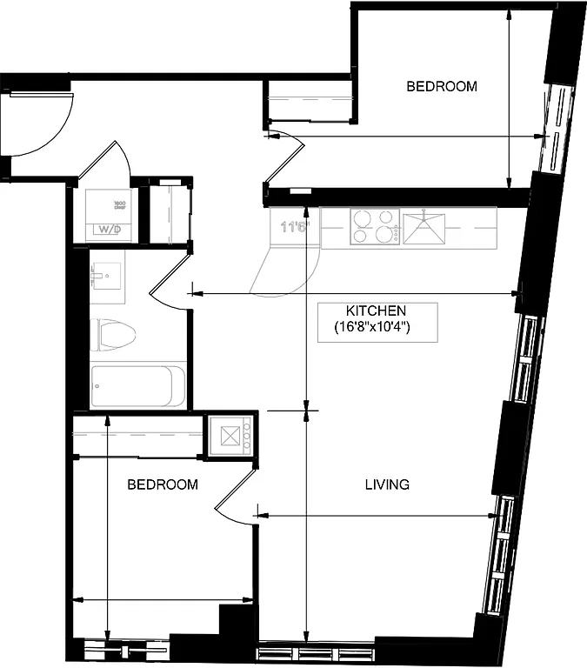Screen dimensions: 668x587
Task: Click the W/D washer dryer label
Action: point(108,230)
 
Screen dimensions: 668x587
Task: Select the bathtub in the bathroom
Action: point(137,385)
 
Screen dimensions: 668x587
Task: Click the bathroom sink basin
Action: point(106,277)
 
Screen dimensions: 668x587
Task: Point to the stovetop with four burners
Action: point(375,226)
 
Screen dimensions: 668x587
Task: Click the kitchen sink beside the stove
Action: point(424,226)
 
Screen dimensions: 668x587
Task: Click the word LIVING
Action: point(386,484)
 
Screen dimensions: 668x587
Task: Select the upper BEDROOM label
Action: point(442,86)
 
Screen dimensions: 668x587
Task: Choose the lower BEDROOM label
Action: point(163,484)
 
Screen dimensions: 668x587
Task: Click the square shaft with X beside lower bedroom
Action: point(230,435)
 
